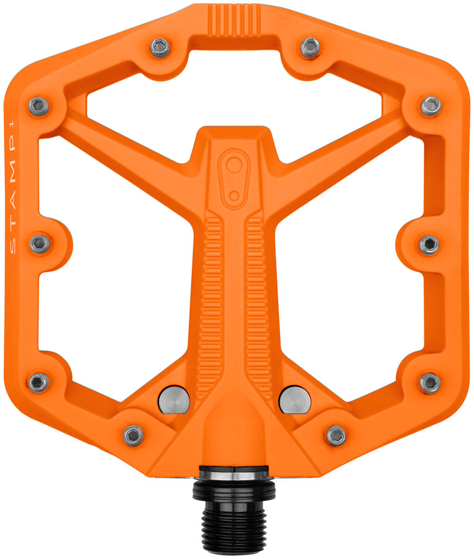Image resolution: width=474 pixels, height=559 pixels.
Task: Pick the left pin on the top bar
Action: pyautogui.click(x=161, y=46)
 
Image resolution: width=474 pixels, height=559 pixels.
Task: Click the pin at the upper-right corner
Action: pyautogui.click(x=431, y=106)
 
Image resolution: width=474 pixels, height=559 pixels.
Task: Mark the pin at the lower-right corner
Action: pyautogui.click(x=430, y=381)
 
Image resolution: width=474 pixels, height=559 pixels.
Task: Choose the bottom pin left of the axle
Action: pyautogui.click(x=133, y=435)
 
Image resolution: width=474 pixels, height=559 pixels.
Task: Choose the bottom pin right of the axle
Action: pyautogui.click(x=337, y=435)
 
